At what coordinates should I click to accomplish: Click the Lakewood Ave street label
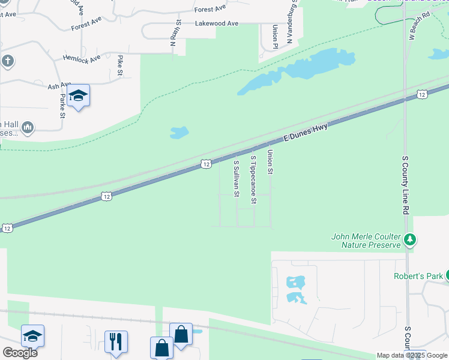coord(217,23)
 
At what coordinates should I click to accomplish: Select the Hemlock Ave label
coord(81,57)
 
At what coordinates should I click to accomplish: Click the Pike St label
coord(121,65)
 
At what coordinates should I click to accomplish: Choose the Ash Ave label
coord(59,86)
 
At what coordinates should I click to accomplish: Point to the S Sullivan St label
coord(236,178)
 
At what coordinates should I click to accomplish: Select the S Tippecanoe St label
coord(253,179)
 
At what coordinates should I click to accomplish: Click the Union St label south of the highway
coord(270,162)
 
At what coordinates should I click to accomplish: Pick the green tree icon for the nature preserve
coord(410,240)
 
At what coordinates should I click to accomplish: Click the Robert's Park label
coord(417,277)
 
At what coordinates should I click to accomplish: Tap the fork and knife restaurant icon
coord(116,341)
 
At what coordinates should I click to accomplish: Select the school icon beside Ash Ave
coord(78,95)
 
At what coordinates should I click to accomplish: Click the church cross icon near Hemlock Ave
coord(7,61)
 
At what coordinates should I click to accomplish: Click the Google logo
coord(20,353)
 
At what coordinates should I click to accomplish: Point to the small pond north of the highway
coord(179,132)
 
